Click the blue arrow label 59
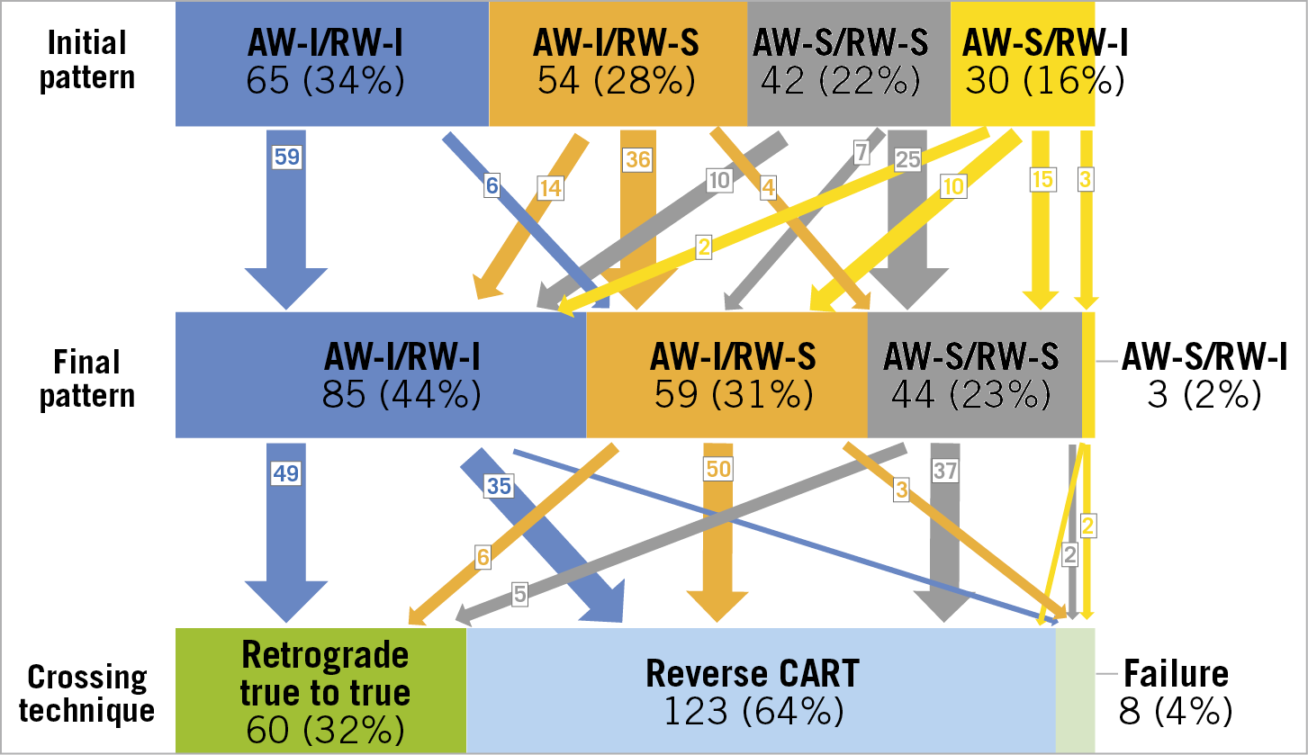click(286, 157)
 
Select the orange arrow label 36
click(638, 159)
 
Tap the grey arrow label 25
click(907, 159)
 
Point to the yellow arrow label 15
click(1042, 179)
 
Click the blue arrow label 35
click(499, 486)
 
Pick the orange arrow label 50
click(717, 468)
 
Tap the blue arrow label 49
click(285, 472)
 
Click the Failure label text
click(1175, 673)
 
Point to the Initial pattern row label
click(86, 59)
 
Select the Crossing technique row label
click(86, 693)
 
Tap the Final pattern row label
click(86, 379)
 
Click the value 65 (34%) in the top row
click(325, 82)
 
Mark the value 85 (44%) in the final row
click(401, 394)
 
